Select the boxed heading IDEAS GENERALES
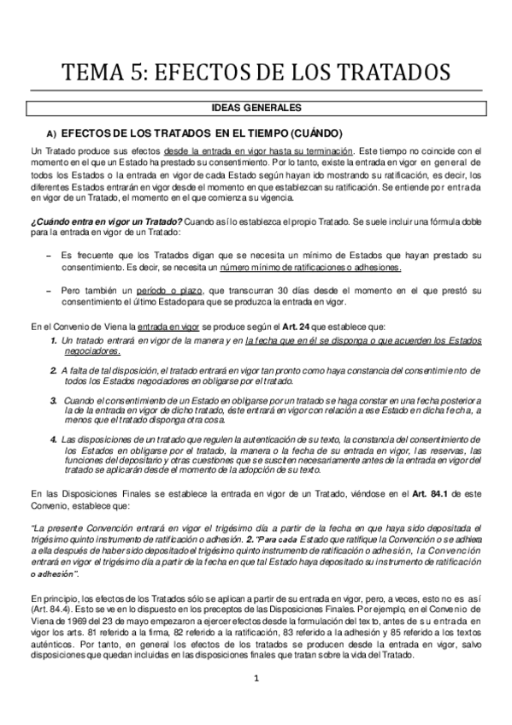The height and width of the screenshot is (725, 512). coord(256,109)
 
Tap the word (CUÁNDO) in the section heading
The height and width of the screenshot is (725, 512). coord(315,134)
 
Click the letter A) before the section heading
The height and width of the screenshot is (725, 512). coord(51,134)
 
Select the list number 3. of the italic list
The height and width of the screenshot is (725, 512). coord(54,399)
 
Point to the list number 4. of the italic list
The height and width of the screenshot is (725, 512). coord(54,439)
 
